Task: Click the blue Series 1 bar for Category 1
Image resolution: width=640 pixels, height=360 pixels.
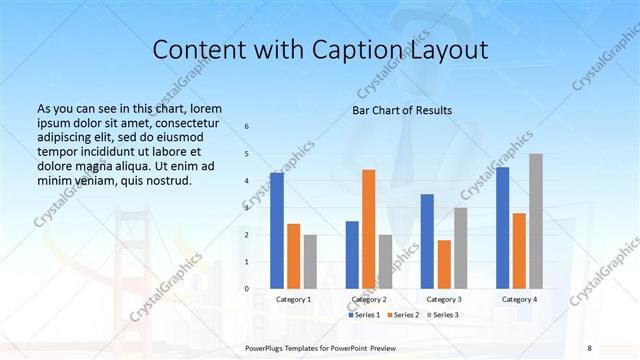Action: click(277, 231)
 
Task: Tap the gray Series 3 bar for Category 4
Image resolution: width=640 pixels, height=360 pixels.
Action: click(536, 221)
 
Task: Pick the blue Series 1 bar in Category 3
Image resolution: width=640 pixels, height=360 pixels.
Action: click(427, 241)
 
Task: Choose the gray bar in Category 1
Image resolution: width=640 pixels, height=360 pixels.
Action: click(310, 262)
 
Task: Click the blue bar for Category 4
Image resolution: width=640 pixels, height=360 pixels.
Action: click(502, 228)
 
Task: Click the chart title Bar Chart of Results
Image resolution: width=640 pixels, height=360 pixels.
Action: click(402, 110)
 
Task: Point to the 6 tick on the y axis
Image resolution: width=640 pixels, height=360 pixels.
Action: click(247, 127)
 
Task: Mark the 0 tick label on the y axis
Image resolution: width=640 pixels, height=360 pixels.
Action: click(247, 289)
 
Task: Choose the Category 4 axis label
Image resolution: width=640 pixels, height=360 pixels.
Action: click(519, 300)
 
